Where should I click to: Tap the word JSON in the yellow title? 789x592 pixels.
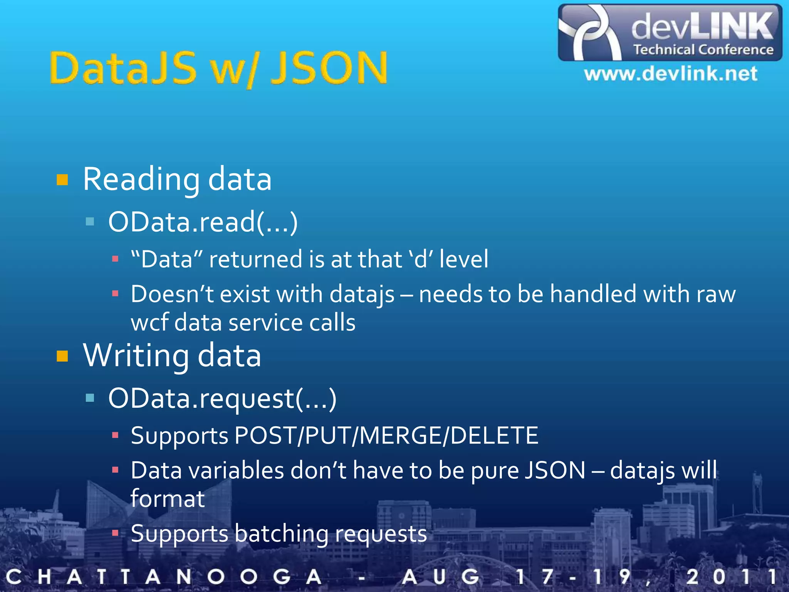329,69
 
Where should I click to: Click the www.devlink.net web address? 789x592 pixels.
670,74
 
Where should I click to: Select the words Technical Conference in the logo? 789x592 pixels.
703,50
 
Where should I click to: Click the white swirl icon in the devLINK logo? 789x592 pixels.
589,33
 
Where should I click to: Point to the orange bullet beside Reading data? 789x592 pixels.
62,180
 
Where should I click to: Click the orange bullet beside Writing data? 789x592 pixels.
62,356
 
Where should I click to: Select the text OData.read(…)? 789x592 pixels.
203,222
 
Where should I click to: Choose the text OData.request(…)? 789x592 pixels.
222,398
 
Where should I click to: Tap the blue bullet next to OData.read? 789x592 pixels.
90,221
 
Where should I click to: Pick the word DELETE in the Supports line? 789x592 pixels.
494,436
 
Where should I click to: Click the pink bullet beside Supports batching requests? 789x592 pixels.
115,533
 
